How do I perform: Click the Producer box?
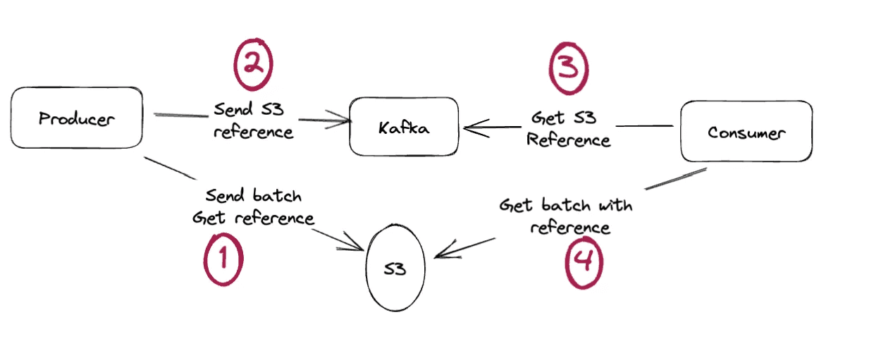[76, 118]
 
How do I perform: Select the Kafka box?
[403, 127]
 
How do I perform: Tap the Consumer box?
[746, 132]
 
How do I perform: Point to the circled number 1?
[223, 259]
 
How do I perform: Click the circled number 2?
[252, 64]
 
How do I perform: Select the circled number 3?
[568, 68]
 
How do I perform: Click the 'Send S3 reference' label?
[253, 120]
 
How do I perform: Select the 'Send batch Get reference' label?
[253, 206]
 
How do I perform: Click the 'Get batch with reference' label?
[566, 216]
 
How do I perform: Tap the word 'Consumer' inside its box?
[746, 132]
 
